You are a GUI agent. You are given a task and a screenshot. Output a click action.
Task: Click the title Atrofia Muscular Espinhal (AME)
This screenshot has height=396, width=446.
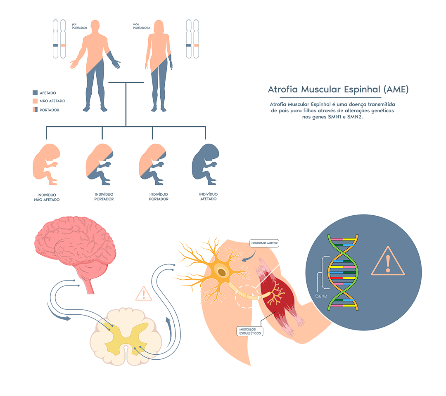[x=338, y=90]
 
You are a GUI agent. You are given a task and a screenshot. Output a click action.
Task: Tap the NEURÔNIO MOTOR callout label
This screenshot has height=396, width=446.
[x=264, y=243]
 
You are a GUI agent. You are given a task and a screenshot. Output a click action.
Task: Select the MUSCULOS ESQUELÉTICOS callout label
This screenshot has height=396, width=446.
[x=250, y=331]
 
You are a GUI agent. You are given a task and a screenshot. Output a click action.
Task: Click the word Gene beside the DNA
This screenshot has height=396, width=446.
[x=321, y=296]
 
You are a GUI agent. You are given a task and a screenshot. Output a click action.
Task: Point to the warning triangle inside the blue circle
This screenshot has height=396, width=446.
[x=388, y=262]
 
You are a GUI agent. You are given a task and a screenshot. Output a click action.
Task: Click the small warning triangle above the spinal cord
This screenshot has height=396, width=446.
[x=144, y=293]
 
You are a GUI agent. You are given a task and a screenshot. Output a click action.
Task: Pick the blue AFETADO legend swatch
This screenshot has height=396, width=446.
[x=35, y=93]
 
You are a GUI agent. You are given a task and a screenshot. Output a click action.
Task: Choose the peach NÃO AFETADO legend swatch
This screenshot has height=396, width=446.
[x=35, y=101]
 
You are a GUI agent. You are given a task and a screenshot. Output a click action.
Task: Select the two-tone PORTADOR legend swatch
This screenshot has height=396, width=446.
[x=35, y=110]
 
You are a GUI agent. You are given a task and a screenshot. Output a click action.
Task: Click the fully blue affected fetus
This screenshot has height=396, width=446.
[x=205, y=164]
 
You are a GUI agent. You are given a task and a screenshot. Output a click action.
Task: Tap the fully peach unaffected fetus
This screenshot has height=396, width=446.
[x=46, y=164]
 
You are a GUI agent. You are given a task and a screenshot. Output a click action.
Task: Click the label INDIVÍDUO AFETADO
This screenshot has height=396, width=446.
[x=208, y=197]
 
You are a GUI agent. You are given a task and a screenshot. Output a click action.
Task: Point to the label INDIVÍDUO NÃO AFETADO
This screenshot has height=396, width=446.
[x=47, y=198]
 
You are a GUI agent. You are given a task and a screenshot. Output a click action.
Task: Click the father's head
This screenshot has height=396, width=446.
[x=95, y=25]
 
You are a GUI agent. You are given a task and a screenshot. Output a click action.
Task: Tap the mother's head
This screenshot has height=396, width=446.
[x=159, y=26]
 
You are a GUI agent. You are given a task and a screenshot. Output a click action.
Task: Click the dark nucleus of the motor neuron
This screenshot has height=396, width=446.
[x=222, y=273]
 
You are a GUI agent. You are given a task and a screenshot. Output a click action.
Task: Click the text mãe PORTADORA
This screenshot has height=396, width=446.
[x=141, y=26]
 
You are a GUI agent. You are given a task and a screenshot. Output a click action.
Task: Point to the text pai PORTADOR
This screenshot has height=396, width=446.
[x=79, y=26]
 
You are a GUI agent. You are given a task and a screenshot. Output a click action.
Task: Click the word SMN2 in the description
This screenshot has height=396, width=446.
[x=354, y=117]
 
